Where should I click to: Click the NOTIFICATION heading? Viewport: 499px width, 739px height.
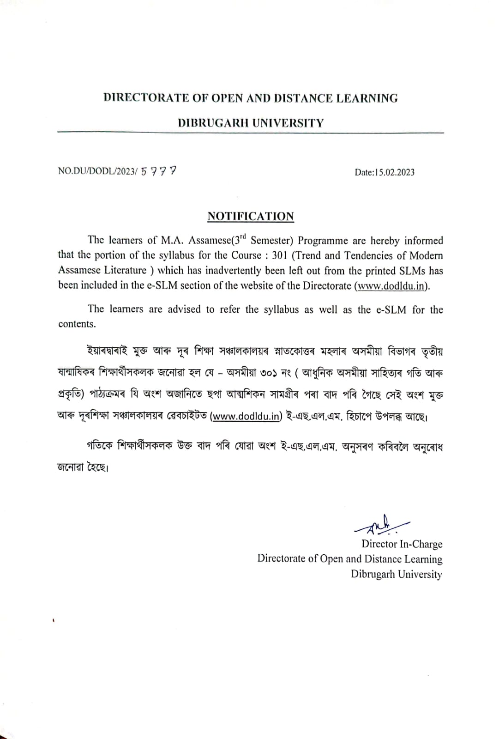point(251,216)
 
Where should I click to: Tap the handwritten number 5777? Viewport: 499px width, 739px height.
point(159,171)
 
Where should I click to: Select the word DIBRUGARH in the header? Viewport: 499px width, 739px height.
point(211,123)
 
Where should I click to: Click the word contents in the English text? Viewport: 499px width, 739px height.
point(77,324)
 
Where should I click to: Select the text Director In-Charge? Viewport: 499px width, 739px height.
point(402,544)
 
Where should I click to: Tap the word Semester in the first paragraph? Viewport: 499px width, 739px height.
point(272,241)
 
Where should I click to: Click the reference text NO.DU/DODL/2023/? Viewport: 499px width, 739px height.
point(98,171)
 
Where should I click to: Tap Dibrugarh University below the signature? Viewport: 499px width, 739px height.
point(396,574)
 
